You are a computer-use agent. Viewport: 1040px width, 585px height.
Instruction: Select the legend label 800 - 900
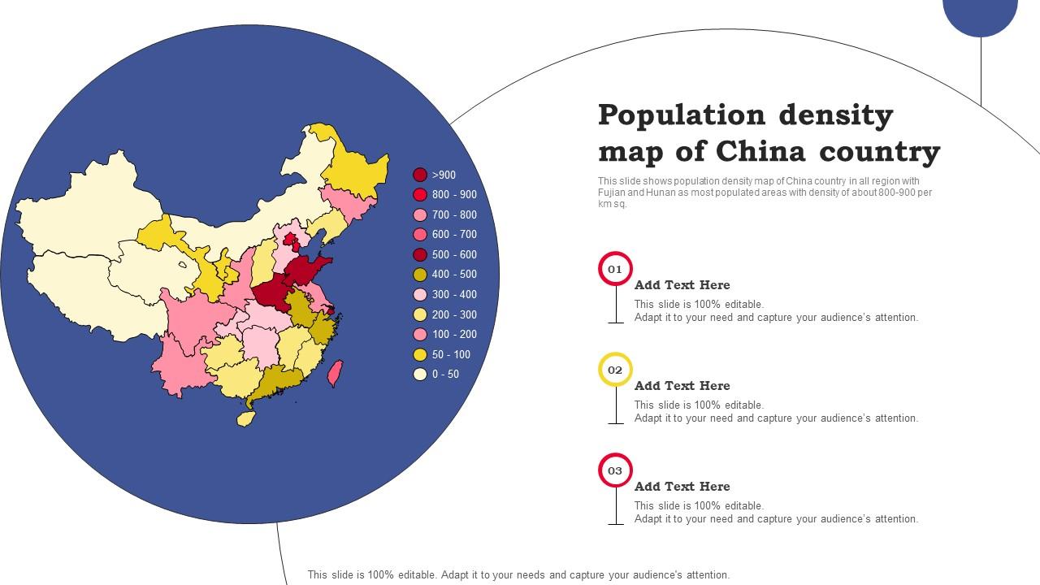(x=454, y=195)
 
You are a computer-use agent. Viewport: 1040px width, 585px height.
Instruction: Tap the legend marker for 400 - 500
(x=420, y=275)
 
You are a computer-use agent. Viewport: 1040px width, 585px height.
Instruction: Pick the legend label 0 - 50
(x=445, y=375)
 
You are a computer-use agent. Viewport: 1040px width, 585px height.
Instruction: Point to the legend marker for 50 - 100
(x=420, y=354)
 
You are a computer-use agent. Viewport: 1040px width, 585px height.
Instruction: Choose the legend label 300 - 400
(x=454, y=295)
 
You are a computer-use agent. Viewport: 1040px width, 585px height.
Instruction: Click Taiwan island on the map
(x=334, y=374)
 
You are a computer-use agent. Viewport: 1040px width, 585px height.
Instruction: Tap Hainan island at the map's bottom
(x=245, y=418)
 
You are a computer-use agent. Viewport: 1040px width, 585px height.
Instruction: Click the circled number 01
(x=615, y=269)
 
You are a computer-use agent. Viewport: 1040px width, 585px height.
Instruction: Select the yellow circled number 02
(x=615, y=370)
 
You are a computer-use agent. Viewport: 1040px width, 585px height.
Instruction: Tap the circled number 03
(x=615, y=470)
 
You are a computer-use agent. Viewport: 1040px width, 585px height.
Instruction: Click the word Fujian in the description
(x=612, y=193)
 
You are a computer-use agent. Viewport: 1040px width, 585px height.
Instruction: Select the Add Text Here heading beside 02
(x=682, y=386)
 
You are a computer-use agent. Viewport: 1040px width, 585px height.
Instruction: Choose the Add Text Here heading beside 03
(x=682, y=487)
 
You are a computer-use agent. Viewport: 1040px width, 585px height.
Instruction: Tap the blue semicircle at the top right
(x=980, y=15)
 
